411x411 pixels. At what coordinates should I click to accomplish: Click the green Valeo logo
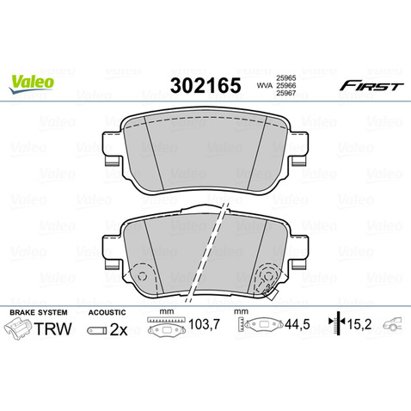[31, 83]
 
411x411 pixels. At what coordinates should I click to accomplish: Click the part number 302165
[205, 85]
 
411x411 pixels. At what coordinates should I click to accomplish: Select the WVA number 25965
[285, 77]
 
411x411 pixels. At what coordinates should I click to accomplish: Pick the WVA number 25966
[285, 85]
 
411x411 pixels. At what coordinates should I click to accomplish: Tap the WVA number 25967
[285, 93]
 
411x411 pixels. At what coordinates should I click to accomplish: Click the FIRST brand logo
[371, 86]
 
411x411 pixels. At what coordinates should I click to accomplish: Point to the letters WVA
[265, 85]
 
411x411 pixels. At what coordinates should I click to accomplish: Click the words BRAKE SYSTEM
[39, 312]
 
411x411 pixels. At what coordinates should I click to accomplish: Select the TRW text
[52, 328]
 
